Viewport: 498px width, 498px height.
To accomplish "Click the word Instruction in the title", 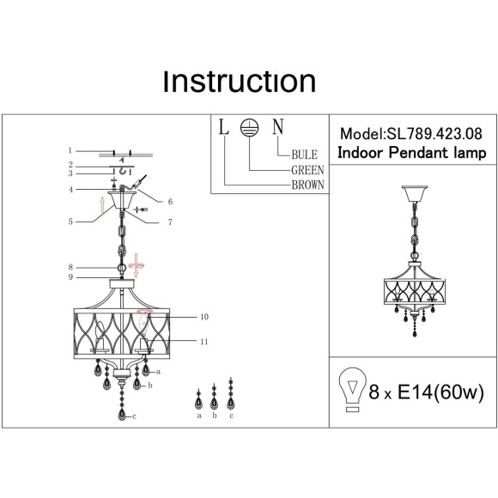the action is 240,82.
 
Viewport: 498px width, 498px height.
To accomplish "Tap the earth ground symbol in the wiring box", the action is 249,128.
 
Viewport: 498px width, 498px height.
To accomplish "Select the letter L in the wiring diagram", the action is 224,126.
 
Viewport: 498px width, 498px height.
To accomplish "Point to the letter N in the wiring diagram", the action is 278,126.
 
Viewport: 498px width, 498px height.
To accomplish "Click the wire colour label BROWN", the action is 307,185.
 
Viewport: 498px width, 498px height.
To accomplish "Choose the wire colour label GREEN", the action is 307,170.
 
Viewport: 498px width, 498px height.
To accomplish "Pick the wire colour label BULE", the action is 304,155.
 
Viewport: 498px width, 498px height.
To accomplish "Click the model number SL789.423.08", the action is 434,134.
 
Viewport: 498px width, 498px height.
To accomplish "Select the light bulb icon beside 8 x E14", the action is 352,389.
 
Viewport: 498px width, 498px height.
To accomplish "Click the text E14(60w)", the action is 440,392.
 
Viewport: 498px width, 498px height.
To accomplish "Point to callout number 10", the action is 204,317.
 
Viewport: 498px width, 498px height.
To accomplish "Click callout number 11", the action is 204,342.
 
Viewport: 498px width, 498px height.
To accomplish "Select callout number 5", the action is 70,222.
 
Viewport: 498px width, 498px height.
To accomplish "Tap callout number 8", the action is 70,267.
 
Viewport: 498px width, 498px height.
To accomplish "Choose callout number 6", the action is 170,202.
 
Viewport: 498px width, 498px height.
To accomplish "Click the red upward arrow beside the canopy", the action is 102,204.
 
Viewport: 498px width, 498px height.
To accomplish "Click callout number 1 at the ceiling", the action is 70,150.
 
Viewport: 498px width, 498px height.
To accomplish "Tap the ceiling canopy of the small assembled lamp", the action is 415,194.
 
